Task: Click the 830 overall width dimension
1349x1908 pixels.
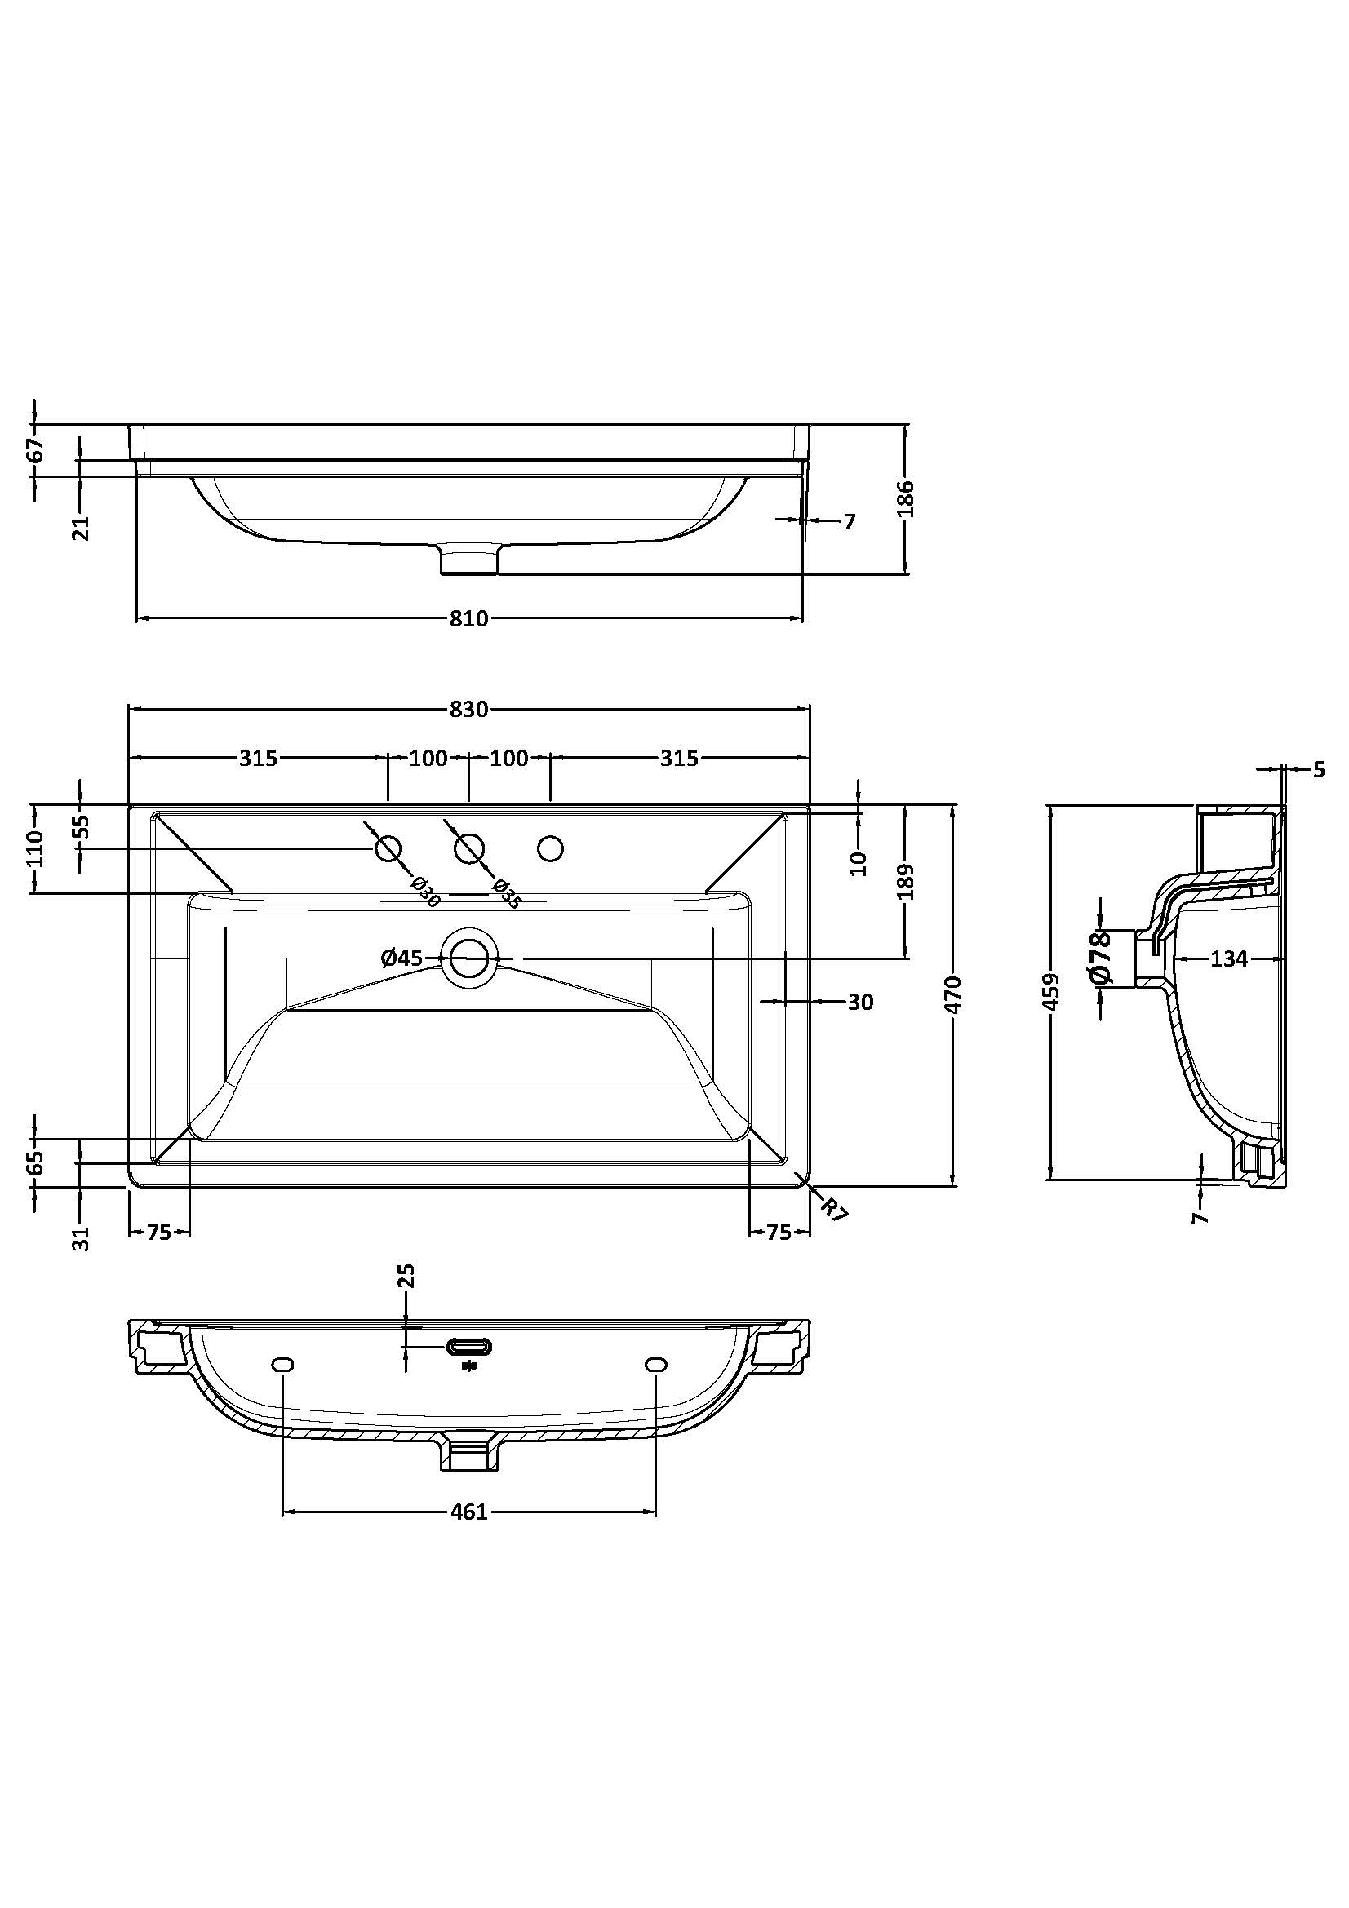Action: [468, 709]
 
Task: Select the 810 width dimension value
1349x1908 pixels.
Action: [468, 618]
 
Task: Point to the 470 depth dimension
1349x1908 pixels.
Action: [954, 994]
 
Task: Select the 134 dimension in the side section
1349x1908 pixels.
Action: [1228, 959]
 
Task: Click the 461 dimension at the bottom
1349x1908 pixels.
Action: [468, 1512]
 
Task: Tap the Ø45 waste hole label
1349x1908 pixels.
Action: [402, 958]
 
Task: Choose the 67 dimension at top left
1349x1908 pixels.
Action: [35, 450]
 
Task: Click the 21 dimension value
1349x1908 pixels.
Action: [81, 527]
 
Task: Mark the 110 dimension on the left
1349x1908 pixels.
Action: [35, 848]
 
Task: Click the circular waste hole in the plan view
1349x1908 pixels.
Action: [469, 958]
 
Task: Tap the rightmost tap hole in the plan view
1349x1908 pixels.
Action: [550, 848]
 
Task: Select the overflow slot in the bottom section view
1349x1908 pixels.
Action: [469, 1346]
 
